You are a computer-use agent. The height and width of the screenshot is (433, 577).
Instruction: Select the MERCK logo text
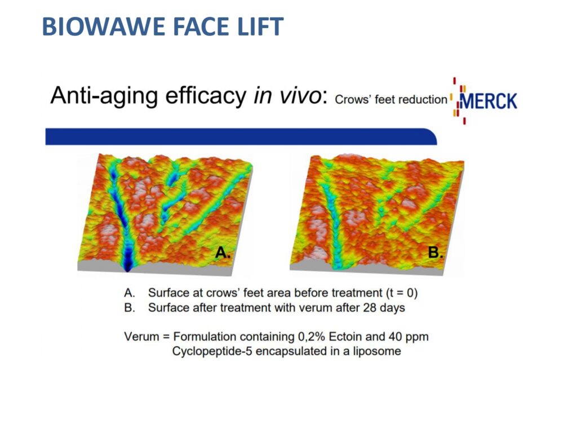tap(489, 101)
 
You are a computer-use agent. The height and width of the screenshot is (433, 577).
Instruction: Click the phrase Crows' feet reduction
tap(391, 99)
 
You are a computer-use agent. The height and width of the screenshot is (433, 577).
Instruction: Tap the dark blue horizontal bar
tap(241, 136)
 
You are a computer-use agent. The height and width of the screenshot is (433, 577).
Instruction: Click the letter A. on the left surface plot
tap(223, 253)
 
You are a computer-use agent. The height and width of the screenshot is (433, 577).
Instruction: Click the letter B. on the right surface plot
tap(436, 253)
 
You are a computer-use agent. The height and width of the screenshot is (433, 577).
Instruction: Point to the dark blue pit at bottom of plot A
tap(128, 262)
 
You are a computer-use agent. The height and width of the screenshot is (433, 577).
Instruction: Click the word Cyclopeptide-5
tap(212, 351)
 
